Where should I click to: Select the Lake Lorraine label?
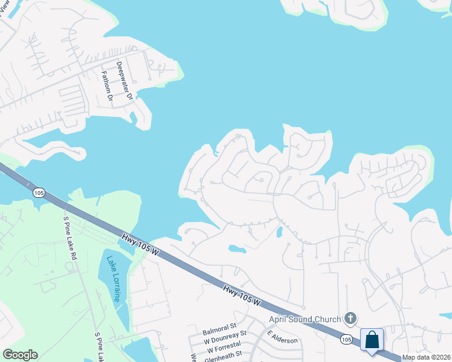(x=113, y=279)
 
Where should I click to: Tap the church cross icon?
(x=350, y=318)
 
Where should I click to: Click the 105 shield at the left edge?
(x=39, y=192)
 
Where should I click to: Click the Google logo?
(x=20, y=355)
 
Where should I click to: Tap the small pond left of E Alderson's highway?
(x=237, y=248)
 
